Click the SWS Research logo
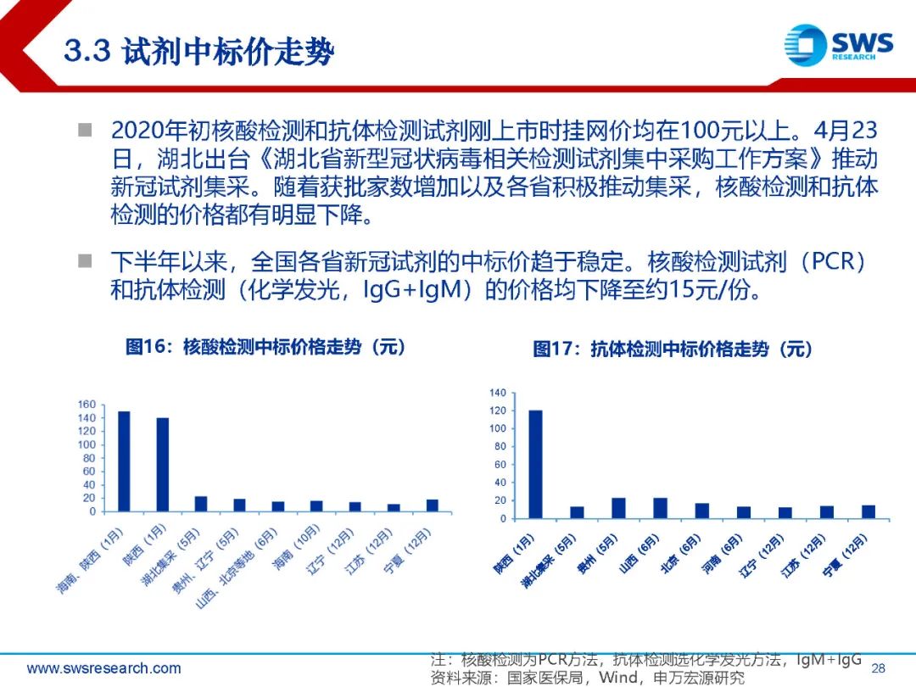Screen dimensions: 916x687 838,44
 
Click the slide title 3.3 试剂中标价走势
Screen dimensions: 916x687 199,51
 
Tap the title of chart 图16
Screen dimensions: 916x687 265,346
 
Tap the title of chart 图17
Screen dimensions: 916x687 673,349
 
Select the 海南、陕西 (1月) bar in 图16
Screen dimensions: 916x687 124,461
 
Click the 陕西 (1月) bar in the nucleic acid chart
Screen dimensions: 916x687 162,465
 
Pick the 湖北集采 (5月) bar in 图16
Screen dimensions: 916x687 201,504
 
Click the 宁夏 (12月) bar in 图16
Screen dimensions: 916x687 433,505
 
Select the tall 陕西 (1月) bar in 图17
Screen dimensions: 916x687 535,465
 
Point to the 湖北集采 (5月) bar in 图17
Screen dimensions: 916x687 578,512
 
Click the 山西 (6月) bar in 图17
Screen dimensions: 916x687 660,508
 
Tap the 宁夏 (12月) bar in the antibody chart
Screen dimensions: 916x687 869,511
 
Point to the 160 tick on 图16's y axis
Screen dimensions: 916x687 87,405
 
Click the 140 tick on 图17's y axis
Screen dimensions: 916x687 498,393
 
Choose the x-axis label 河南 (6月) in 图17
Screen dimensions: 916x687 721,553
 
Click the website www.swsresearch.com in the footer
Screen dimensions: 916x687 104,667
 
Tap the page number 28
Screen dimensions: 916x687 878,667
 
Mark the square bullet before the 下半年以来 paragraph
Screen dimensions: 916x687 86,260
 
